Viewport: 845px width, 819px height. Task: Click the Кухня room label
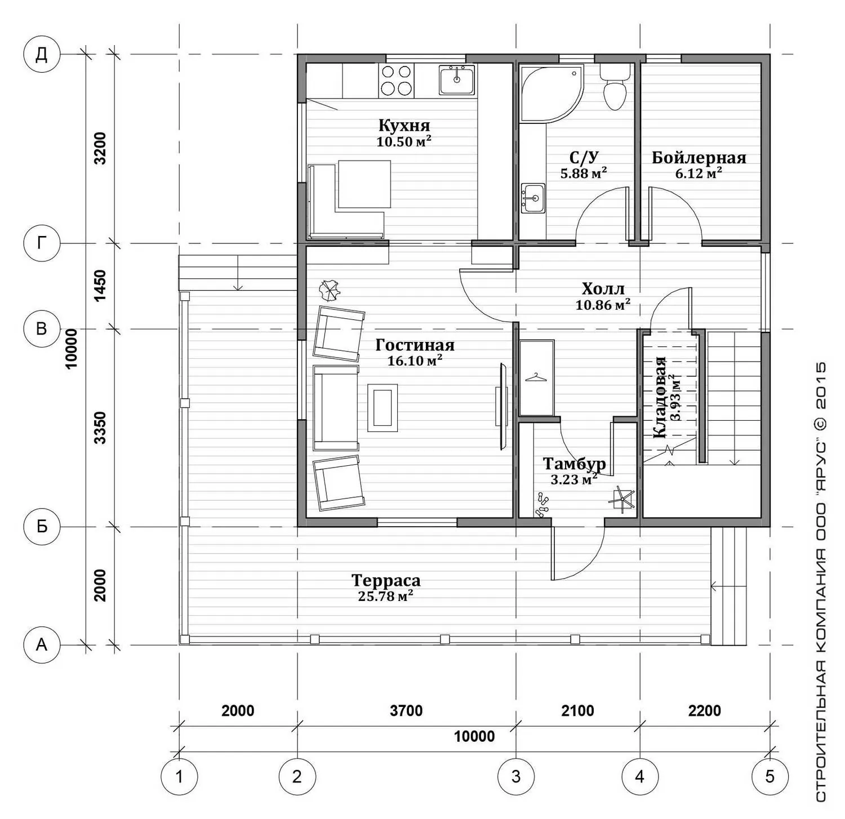click(x=404, y=125)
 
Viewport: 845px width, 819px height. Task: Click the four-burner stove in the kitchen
click(x=396, y=81)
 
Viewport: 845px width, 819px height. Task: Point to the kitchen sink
click(x=457, y=80)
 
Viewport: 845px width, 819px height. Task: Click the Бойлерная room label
click(x=699, y=158)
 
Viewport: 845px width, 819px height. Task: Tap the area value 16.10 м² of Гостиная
click(x=415, y=360)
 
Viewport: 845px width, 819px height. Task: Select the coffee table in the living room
click(x=383, y=408)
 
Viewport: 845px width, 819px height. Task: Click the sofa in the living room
click(x=336, y=408)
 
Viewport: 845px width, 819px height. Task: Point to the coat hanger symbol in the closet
click(x=536, y=377)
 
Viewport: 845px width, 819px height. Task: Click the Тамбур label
click(x=574, y=464)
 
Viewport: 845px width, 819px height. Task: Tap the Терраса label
click(x=386, y=580)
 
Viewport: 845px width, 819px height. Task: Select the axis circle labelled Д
click(x=42, y=55)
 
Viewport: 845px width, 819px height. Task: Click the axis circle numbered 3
click(x=516, y=777)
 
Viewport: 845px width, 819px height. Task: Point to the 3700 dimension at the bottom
click(x=406, y=711)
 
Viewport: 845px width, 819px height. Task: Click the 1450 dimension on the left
click(x=100, y=286)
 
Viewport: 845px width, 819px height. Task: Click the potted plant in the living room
click(x=330, y=291)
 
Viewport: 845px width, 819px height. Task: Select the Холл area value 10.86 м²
click(x=603, y=305)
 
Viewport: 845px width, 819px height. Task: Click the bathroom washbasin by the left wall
click(x=533, y=198)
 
